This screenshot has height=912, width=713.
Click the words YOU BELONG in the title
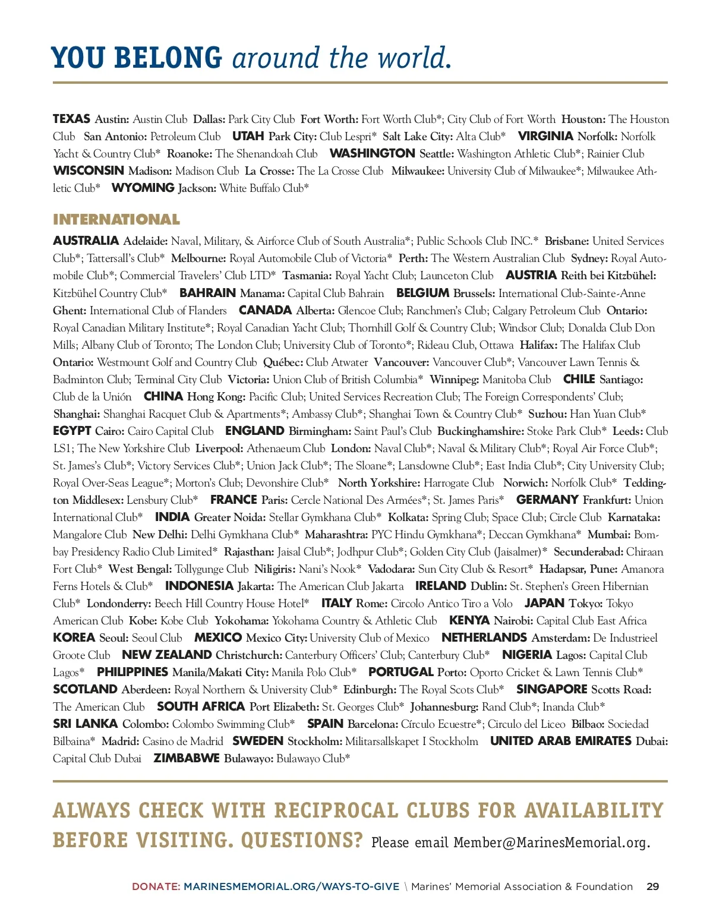click(x=137, y=58)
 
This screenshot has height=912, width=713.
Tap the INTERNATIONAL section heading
click(x=116, y=220)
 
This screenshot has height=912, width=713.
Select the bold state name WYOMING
click(x=143, y=188)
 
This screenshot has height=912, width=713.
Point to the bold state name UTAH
click(x=248, y=137)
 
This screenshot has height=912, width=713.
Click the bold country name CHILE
click(x=579, y=380)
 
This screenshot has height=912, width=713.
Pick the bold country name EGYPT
click(x=72, y=431)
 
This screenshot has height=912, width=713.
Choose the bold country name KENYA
click(x=469, y=621)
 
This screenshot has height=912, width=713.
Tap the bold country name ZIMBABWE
click(x=187, y=759)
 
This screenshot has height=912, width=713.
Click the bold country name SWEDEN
click(x=258, y=741)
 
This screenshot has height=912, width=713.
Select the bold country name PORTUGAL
click(x=400, y=673)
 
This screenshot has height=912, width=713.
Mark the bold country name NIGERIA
click(x=527, y=655)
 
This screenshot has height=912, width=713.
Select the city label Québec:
click(x=283, y=362)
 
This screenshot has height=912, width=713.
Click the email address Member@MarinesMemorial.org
click(x=551, y=842)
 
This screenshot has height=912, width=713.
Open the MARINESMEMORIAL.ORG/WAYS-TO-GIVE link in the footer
click(x=291, y=886)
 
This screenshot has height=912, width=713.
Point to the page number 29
click(x=652, y=886)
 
